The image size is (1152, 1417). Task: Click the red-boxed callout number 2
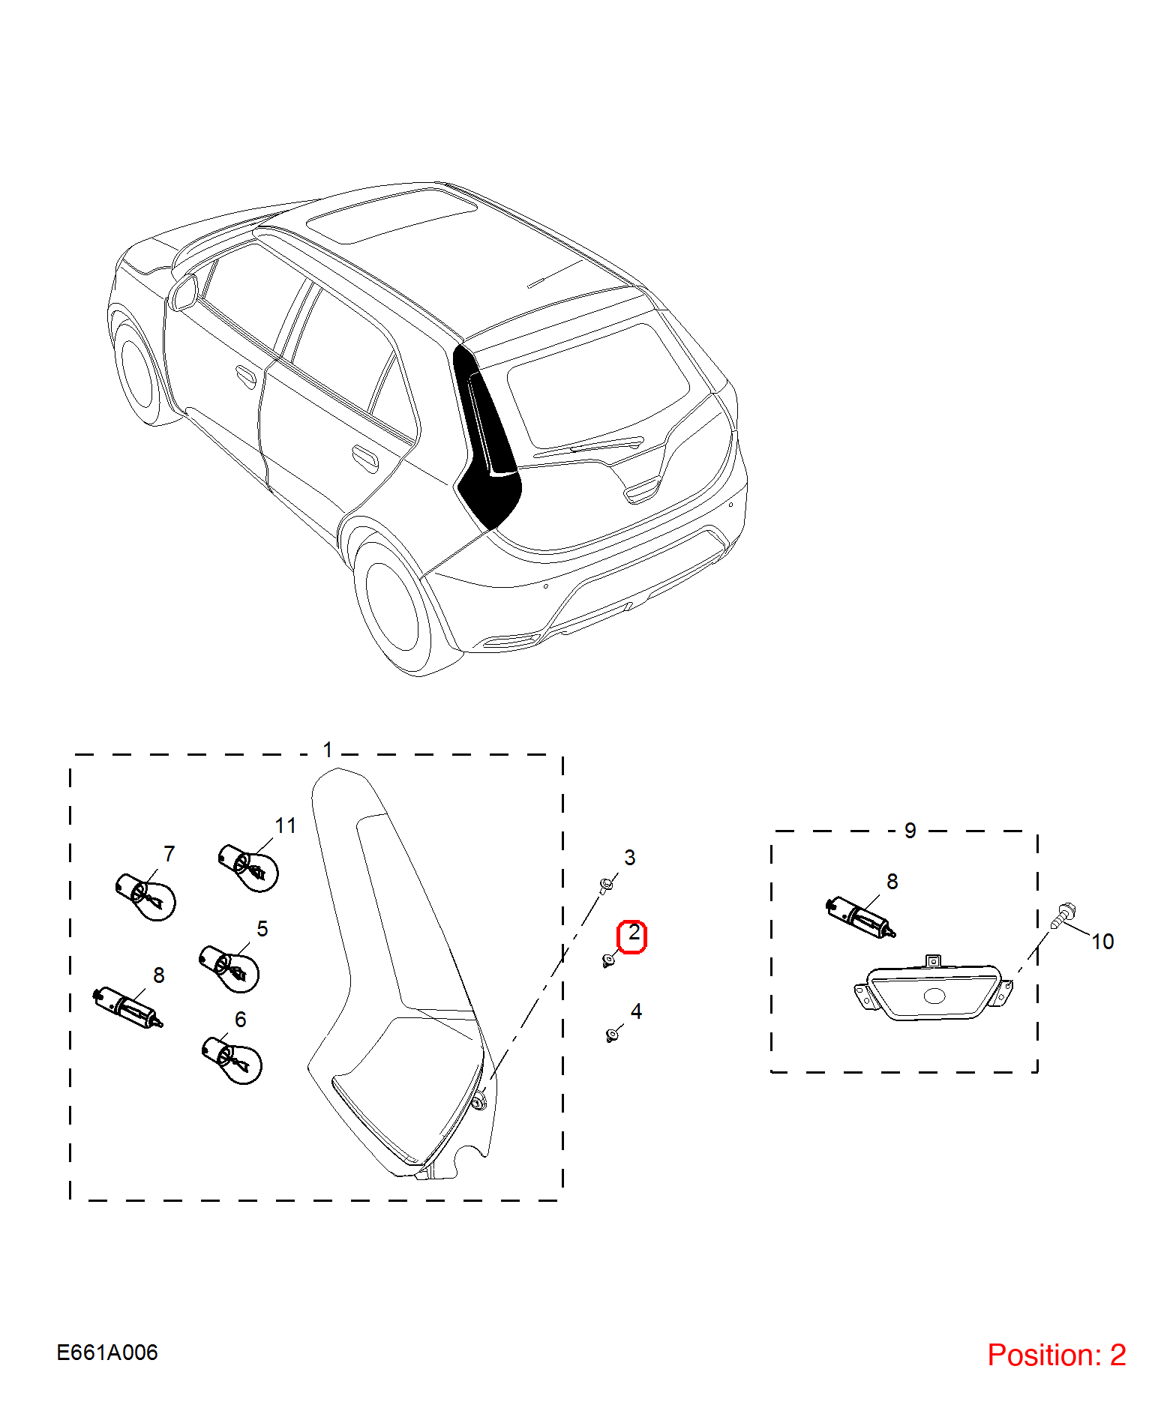(x=634, y=933)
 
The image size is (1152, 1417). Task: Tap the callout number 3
(x=630, y=858)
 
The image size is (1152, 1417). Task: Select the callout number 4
(x=636, y=1011)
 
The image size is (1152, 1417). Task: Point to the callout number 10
(x=1102, y=942)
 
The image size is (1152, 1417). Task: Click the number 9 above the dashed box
(x=910, y=831)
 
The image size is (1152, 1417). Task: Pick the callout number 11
(x=285, y=825)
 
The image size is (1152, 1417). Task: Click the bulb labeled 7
(x=146, y=896)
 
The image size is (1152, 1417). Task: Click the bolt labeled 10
(x=1063, y=915)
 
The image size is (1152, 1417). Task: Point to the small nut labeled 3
(x=607, y=885)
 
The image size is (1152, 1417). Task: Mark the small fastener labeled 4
(x=612, y=1035)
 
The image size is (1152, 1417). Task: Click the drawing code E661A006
(x=107, y=1353)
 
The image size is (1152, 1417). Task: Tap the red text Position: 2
(x=1056, y=1355)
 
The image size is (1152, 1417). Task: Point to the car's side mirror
(x=184, y=292)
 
